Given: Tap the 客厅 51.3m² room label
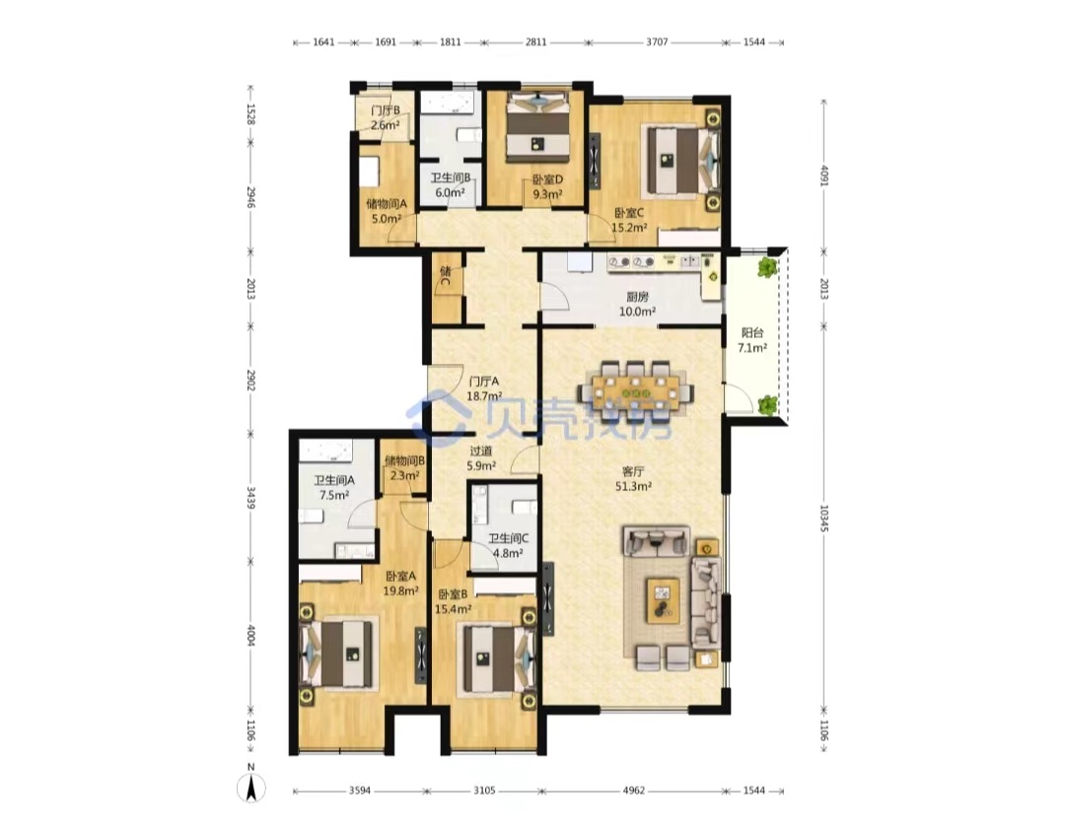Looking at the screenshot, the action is [x=633, y=478].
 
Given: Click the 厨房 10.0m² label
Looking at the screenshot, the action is [x=637, y=305].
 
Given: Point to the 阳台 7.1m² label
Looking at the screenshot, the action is [x=752, y=340].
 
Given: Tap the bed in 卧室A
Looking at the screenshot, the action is [x=339, y=654].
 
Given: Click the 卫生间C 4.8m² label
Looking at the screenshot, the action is [x=508, y=545].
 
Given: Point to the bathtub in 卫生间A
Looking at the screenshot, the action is [x=325, y=451].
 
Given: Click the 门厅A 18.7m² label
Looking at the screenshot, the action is [x=484, y=388].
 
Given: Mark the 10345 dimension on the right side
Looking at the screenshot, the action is [x=823, y=518].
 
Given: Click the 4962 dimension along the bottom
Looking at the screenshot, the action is [x=634, y=791].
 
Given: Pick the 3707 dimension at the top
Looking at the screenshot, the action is [x=657, y=42].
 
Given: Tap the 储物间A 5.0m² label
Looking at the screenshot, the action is [x=387, y=211].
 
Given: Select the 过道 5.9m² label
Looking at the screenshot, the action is [x=481, y=457].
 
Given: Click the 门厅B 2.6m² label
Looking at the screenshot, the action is [x=386, y=117].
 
